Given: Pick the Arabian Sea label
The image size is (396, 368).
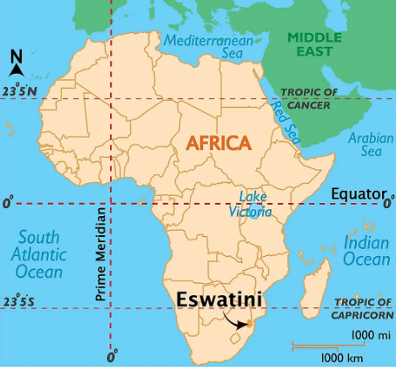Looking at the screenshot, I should point(365,144).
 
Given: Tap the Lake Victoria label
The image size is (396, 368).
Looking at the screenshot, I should point(254,204).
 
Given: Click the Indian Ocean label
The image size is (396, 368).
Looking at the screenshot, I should point(366,249).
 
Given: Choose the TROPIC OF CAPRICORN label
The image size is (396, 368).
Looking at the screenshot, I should point(363,307).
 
